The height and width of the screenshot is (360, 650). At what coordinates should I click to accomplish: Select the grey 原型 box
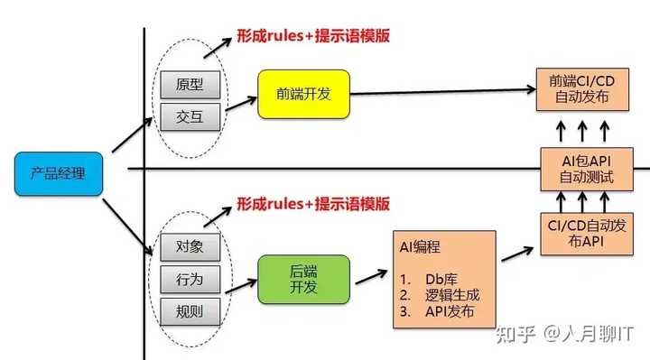(190, 86)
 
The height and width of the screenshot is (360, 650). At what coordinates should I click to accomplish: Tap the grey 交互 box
(190, 116)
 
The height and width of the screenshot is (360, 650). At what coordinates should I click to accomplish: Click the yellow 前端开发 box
(302, 94)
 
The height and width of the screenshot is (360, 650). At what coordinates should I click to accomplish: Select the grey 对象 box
(190, 246)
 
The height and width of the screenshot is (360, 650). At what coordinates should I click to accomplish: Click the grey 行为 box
(190, 278)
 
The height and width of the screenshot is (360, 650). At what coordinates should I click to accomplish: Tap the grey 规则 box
(190, 312)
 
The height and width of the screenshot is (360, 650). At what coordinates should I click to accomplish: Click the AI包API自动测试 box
(581, 168)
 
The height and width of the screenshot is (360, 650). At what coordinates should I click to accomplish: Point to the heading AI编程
(422, 245)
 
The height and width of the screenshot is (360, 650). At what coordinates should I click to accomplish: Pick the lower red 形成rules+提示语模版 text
(313, 204)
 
